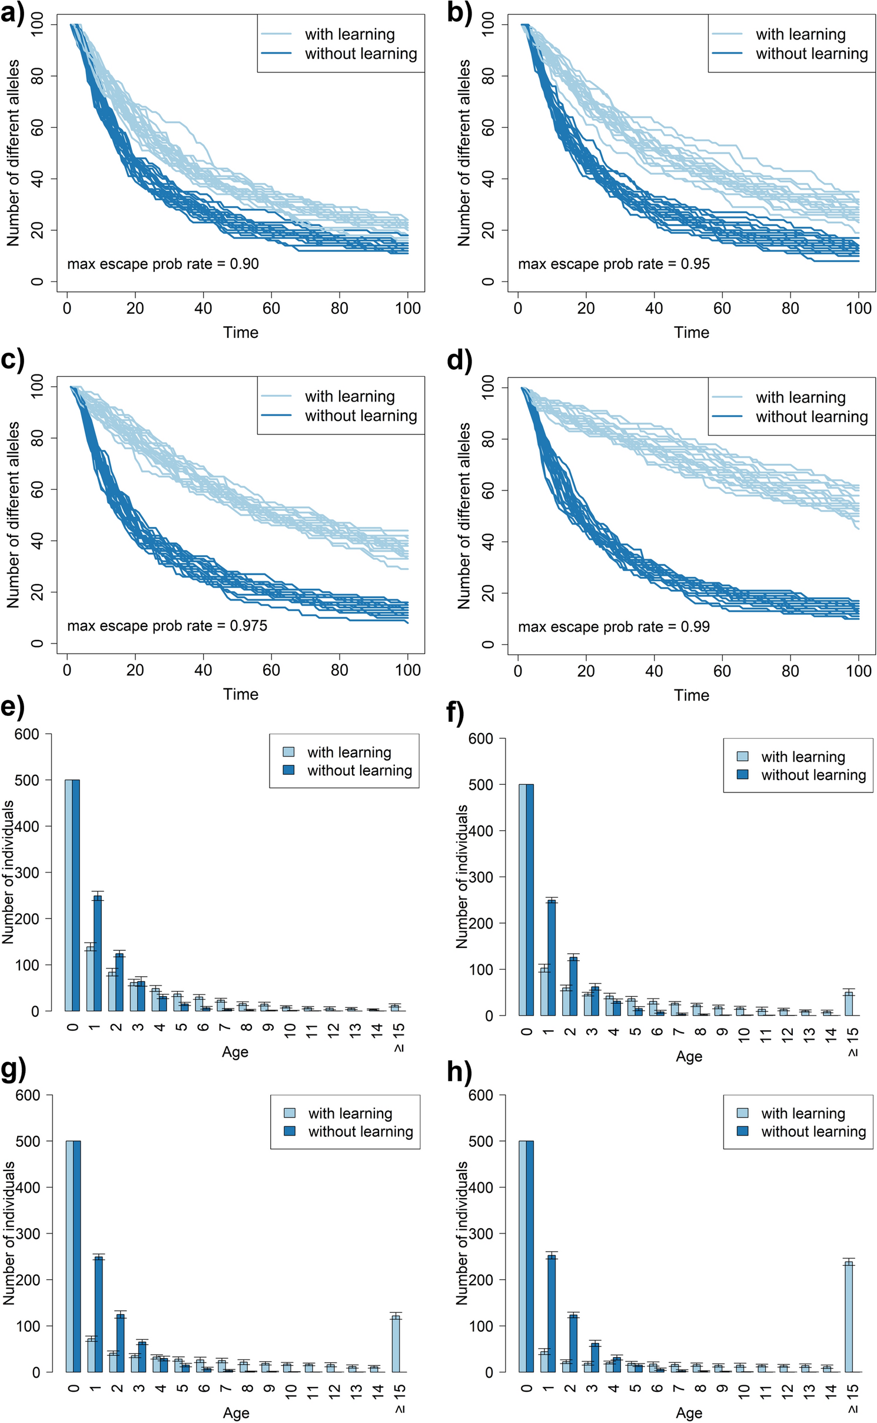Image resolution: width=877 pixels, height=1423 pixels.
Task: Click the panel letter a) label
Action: point(13,13)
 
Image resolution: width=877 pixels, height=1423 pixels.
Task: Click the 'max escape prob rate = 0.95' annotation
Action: point(613,264)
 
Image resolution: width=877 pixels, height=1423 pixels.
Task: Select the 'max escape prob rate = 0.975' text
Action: point(167,625)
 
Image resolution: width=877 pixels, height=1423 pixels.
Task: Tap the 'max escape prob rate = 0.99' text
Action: point(613,626)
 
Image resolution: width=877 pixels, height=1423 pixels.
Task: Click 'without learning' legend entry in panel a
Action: point(360,54)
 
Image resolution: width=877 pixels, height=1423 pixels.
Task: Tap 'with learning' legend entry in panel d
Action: point(800,397)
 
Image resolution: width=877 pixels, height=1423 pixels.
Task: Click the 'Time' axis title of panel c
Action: point(240,694)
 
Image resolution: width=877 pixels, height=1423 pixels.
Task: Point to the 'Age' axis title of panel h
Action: point(689,1413)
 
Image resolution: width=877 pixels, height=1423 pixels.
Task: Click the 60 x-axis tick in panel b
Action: point(722,308)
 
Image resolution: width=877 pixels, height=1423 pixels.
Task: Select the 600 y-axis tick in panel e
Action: point(27,734)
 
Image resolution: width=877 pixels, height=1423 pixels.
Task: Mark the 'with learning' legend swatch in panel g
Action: point(290,1113)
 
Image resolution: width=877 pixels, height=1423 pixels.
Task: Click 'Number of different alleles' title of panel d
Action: point(464,515)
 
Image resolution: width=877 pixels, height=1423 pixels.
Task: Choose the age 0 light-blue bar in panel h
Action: point(523,1256)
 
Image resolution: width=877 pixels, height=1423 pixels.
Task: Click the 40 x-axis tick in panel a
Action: point(203,308)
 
